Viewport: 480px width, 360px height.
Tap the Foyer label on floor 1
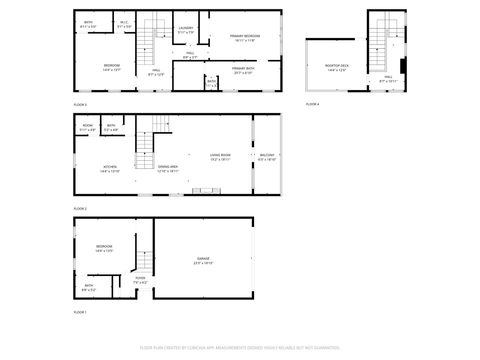pyautogui.click(x=141, y=280)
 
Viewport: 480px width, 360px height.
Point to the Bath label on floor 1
pyautogui.click(x=89, y=288)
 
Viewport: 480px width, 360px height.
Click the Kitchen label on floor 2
pyautogui.click(x=110, y=168)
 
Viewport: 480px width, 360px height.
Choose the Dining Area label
pyautogui.click(x=167, y=168)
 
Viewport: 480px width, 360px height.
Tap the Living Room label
pyautogui.click(x=220, y=156)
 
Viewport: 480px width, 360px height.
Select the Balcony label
pyautogui.click(x=267, y=156)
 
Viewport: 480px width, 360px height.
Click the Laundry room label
pyautogui.click(x=185, y=29)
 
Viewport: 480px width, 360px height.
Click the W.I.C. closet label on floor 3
pyautogui.click(x=124, y=23)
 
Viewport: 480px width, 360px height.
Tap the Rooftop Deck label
pyautogui.click(x=337, y=66)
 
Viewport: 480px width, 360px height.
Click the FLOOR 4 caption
pyautogui.click(x=313, y=104)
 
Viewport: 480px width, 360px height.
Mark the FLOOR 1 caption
pyautogui.click(x=80, y=313)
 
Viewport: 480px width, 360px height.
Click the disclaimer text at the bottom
pyautogui.click(x=240, y=347)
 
